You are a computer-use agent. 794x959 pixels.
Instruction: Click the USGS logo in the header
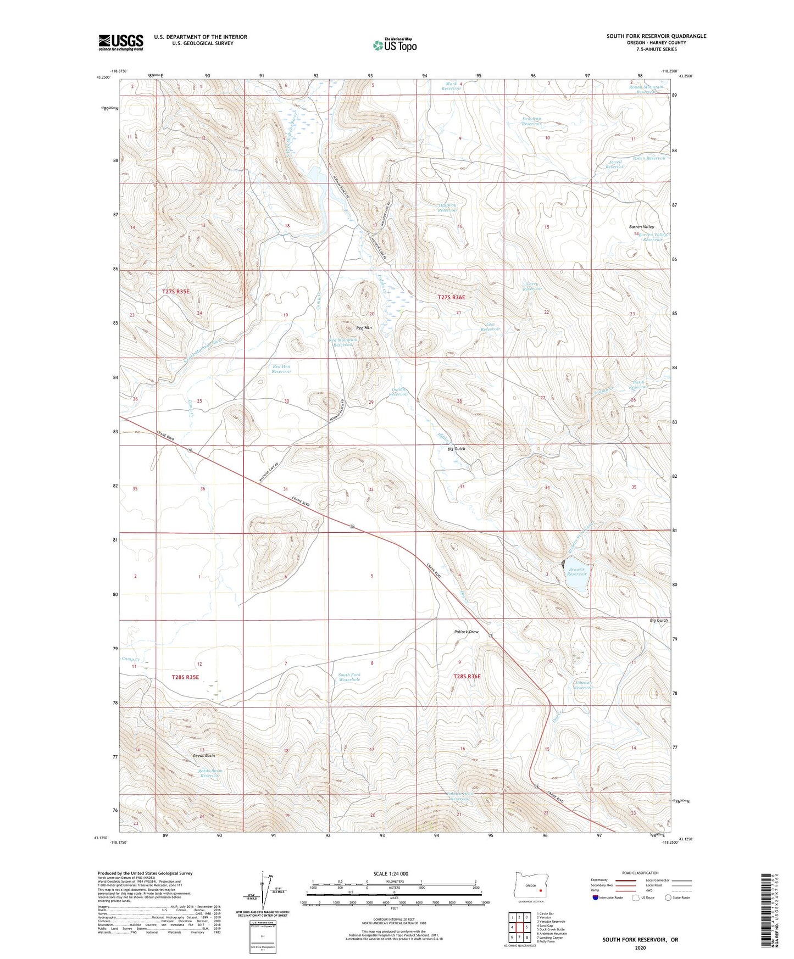[120, 42]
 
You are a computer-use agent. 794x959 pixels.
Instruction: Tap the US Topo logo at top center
[395, 44]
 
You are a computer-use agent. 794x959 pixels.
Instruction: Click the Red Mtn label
[364, 328]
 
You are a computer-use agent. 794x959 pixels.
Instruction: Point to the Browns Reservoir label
[576, 571]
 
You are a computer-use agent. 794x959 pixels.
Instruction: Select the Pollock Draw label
[466, 632]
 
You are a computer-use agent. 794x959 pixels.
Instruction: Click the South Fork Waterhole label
[349, 677]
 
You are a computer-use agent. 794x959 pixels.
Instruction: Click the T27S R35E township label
[176, 292]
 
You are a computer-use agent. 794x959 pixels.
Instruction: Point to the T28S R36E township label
[467, 677]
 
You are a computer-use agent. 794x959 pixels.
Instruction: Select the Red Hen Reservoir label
[281, 369]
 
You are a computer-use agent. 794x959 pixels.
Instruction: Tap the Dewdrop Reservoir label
[531, 121]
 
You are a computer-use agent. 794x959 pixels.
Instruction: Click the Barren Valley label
[641, 227]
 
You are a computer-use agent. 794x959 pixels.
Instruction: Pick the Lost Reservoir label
[490, 327]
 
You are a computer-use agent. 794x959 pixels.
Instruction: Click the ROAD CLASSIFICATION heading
[640, 873]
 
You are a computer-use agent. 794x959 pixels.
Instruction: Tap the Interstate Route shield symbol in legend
[596, 897]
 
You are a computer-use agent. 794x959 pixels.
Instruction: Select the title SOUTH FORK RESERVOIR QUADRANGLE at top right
[656, 36]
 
